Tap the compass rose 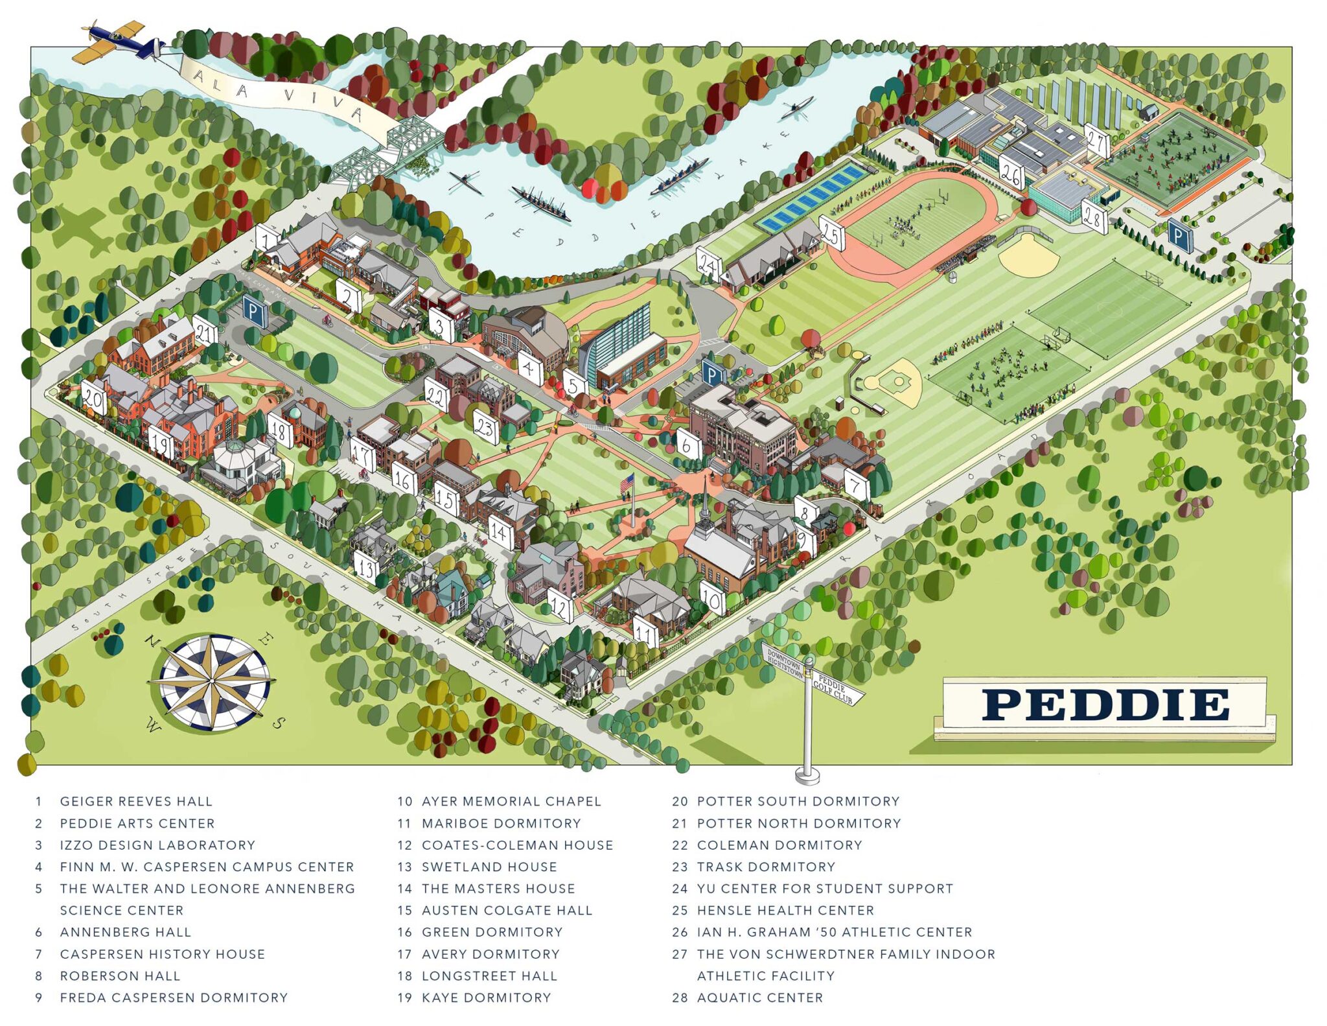click(x=213, y=682)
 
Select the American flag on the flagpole click(x=627, y=483)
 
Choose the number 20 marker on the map click(x=94, y=398)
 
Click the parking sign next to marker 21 click(x=255, y=314)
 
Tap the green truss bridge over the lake click(x=389, y=149)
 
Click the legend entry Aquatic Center click(x=759, y=997)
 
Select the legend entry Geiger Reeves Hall click(x=136, y=801)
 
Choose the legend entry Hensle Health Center click(x=785, y=910)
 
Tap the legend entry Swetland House click(x=489, y=867)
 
